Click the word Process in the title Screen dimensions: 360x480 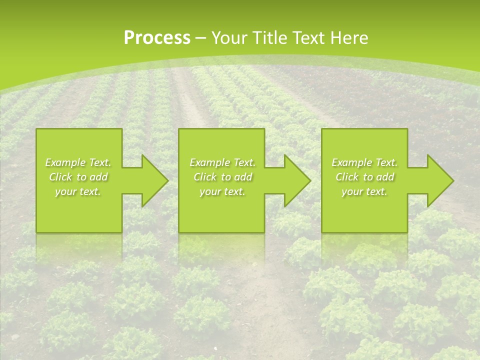(157, 38)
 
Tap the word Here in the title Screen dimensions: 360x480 (350, 38)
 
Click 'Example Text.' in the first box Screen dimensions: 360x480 (78, 162)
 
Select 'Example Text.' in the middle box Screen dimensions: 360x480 (222, 162)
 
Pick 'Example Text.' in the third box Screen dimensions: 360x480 (364, 162)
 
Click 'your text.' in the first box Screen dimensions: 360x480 (78, 191)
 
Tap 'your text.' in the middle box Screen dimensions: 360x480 (222, 191)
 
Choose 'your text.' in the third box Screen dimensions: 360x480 (364, 191)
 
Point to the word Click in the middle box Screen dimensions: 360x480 (205, 177)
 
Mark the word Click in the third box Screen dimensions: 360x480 (347, 177)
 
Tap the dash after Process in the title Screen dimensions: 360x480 (200, 38)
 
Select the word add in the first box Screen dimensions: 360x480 (98, 177)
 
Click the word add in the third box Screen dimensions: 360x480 (384, 177)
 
